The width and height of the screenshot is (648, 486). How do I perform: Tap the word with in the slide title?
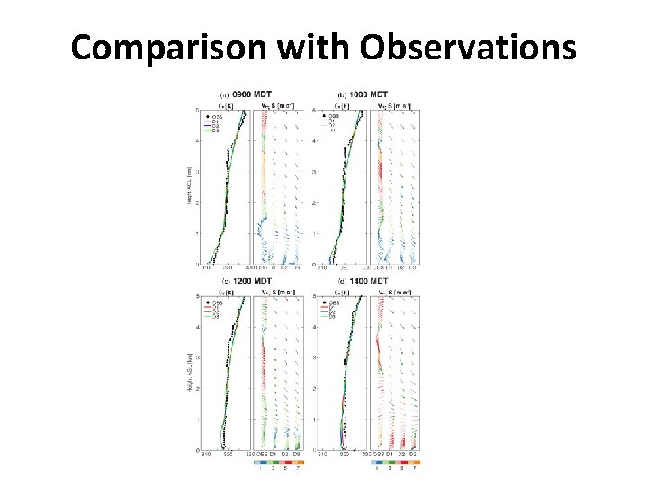311,47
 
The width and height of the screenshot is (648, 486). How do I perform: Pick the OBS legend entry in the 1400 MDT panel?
332,303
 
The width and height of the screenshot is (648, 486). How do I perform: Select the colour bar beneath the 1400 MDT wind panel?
396,462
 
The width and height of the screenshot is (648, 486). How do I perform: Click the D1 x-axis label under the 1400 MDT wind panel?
388,455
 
